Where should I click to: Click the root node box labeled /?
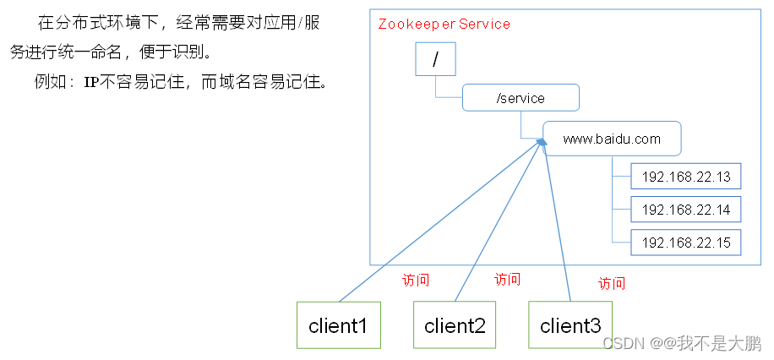pyautogui.click(x=435, y=60)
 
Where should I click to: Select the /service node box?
pyautogui.click(x=520, y=98)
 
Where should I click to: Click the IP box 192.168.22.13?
pyautogui.click(x=685, y=177)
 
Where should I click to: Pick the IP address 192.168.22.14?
pyautogui.click(x=685, y=210)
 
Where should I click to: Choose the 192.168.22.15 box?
pyautogui.click(x=685, y=243)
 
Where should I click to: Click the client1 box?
pyautogui.click(x=337, y=325)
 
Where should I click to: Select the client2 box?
pyautogui.click(x=454, y=325)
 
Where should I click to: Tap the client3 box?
pyautogui.click(x=570, y=325)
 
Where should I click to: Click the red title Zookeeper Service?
pyautogui.click(x=444, y=24)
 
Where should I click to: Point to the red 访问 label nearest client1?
pyautogui.click(x=416, y=281)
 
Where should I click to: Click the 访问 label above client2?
pyautogui.click(x=507, y=280)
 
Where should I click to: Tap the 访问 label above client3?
pyautogui.click(x=612, y=283)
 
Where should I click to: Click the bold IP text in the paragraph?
pyautogui.click(x=91, y=83)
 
